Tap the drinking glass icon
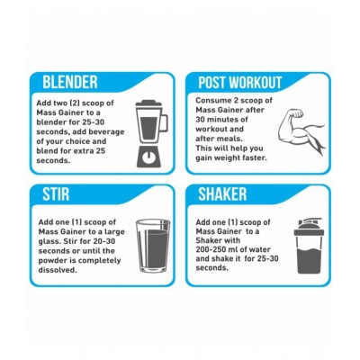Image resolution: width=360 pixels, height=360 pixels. [149, 245]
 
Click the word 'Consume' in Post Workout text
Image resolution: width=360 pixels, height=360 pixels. [216, 104]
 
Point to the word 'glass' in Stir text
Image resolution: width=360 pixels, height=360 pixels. [55, 242]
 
